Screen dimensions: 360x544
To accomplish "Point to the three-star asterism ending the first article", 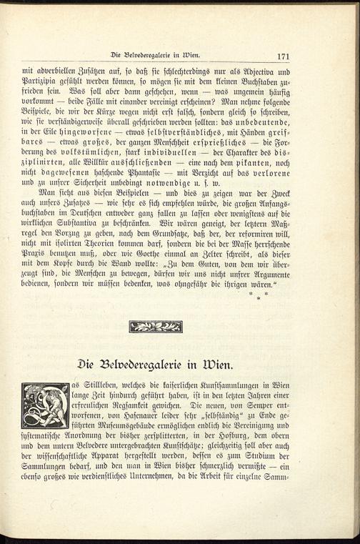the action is click(x=258, y=295).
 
